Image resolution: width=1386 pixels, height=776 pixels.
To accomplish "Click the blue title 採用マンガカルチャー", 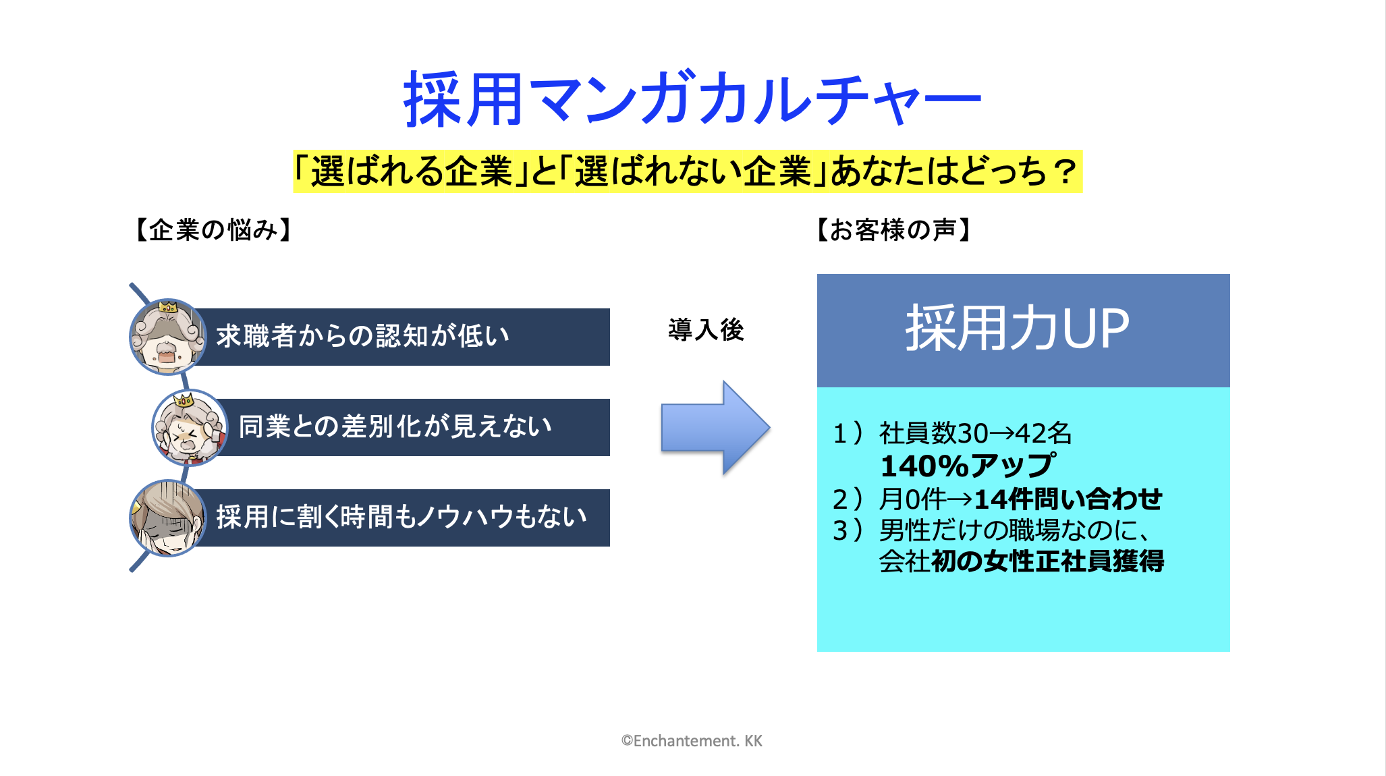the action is pos(692,99).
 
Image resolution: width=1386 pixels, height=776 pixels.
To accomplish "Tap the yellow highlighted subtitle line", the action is pos(688,171).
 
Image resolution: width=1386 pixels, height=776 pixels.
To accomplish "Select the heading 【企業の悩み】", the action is pos(213,230).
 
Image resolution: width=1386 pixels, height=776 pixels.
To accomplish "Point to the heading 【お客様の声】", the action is pos(894,230).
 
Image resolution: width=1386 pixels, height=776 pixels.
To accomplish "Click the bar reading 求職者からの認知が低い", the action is pos(405,337).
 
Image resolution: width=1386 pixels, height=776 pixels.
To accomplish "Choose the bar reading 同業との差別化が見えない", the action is pos(415,427).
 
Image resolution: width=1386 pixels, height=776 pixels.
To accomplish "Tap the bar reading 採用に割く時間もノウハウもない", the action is pos(405,518).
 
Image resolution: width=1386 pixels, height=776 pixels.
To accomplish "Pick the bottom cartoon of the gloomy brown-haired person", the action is pos(168,518).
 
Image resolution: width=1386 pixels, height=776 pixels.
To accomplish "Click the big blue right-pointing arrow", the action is pos(715,428).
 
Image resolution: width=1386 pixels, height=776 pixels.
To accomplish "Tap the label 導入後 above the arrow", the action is pos(706,330).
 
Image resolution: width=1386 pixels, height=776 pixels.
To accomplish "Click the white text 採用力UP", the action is pos(1017,328).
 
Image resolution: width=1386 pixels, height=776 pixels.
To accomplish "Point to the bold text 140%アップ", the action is pos(968,466).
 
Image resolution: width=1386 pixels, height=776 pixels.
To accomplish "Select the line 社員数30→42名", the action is pos(975,433).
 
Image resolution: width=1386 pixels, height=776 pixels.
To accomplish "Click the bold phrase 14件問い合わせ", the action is pos(1068,499).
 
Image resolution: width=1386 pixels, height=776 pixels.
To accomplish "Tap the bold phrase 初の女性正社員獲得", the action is pos(1047,561).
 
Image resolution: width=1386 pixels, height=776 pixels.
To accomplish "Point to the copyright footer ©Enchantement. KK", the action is pos(692,741).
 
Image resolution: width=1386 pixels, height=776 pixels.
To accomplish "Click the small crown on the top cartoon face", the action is pos(167,307).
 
